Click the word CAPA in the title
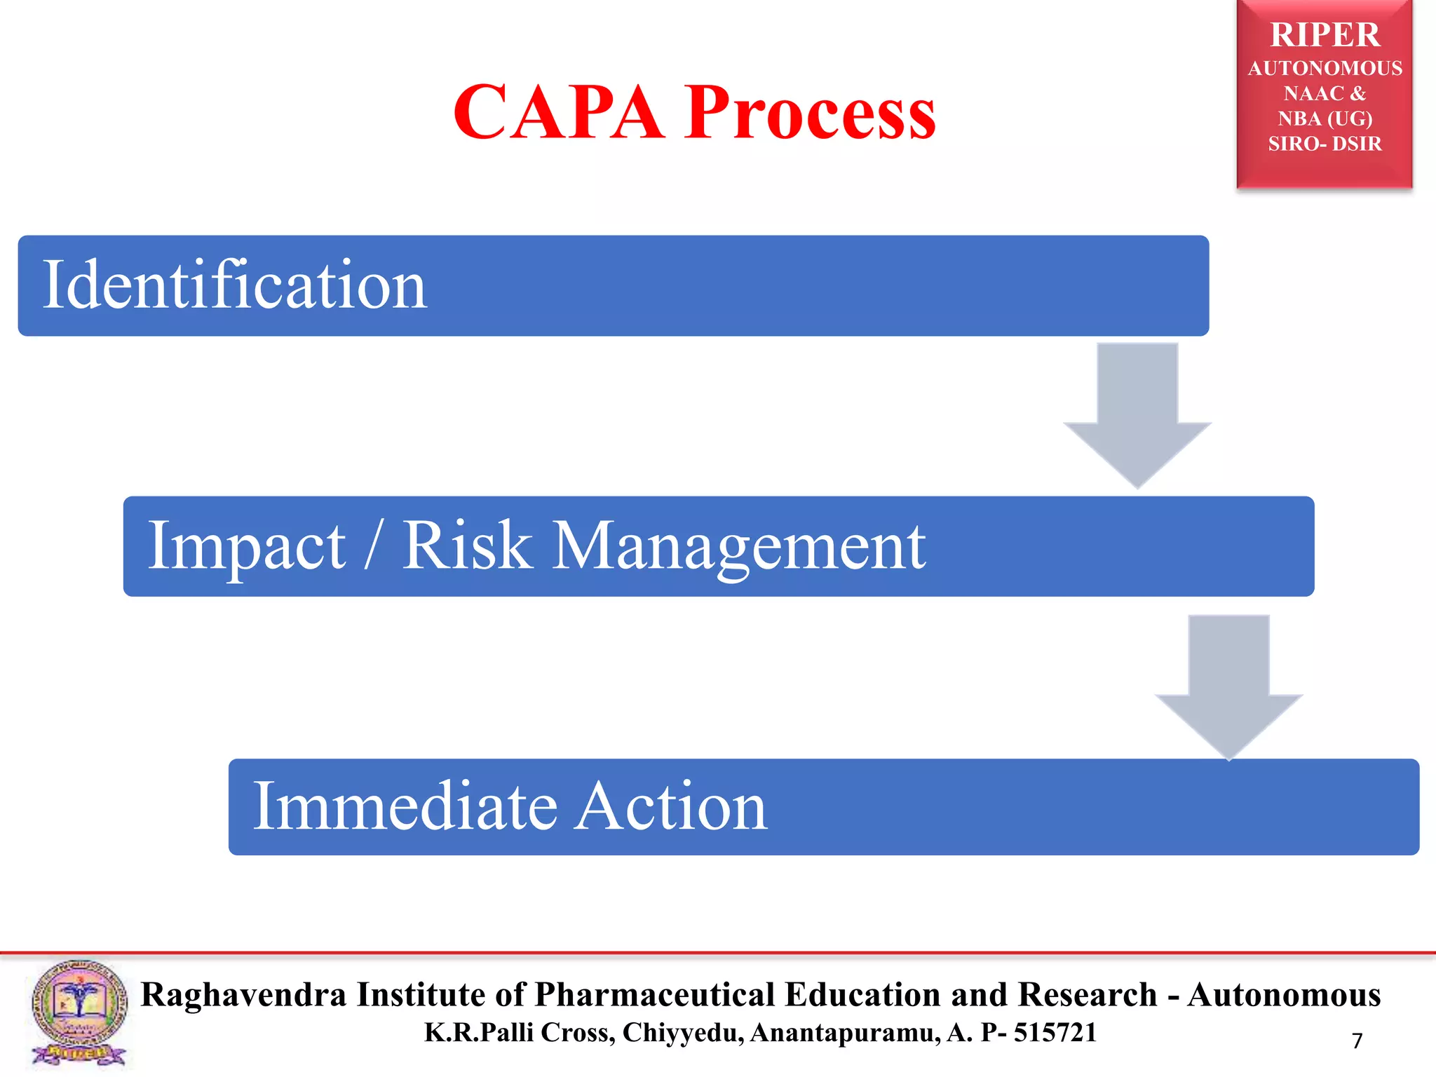(558, 112)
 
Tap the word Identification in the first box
(234, 285)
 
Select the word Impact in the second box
(246, 546)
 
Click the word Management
(739, 546)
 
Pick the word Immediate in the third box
(405, 806)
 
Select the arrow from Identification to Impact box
(1137, 414)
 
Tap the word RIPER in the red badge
(1325, 35)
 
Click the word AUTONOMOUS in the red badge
(1325, 69)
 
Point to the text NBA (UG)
(1325, 118)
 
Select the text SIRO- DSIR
(1325, 144)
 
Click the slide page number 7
(1357, 1041)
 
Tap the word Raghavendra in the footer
(243, 995)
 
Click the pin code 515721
(1055, 1032)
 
